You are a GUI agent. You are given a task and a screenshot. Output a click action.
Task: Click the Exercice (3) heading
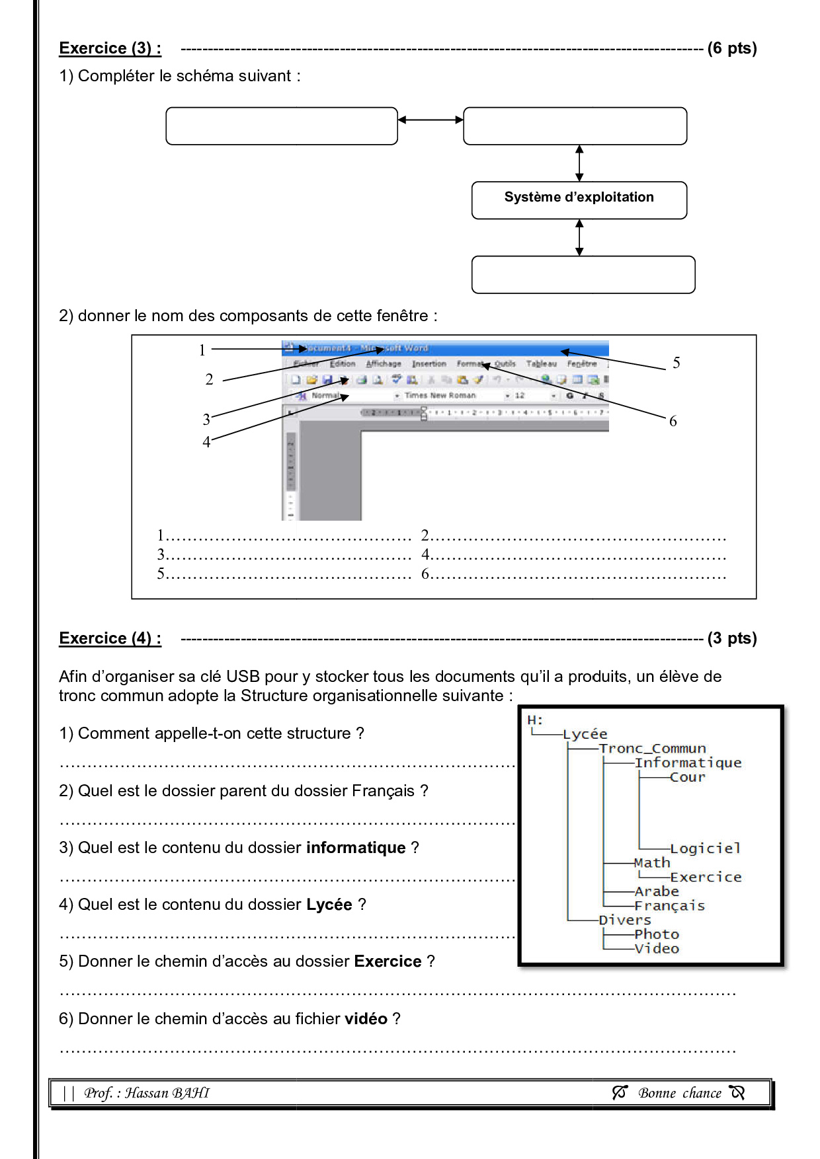tap(110, 48)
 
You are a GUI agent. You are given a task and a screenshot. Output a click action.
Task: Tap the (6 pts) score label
tap(731, 48)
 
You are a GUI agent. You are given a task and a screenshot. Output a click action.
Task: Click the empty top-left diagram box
tap(281, 126)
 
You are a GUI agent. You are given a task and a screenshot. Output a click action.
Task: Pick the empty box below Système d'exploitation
tap(583, 274)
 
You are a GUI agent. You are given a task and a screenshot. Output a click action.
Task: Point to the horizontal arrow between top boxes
tap(430, 120)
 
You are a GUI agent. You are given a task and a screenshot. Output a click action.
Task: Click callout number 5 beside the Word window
tap(676, 363)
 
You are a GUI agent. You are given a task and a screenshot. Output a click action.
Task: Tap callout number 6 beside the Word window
tap(673, 421)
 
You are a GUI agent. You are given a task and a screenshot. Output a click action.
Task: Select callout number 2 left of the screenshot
tap(209, 379)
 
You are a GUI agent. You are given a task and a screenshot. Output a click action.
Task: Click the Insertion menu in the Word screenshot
tap(429, 363)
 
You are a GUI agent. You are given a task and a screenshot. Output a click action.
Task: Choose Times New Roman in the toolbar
tap(440, 395)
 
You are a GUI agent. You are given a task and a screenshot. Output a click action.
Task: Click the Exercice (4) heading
tap(110, 638)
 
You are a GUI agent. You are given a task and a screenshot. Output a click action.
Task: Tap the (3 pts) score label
tap(731, 638)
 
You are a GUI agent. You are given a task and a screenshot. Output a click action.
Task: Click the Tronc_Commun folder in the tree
tap(652, 748)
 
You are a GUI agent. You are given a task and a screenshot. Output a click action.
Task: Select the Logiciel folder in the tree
tap(705, 848)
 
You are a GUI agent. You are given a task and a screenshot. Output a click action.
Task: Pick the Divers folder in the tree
tap(624, 920)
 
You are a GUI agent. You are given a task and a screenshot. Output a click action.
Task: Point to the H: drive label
tap(535, 720)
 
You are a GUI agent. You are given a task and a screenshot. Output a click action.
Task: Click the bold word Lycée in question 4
tap(329, 905)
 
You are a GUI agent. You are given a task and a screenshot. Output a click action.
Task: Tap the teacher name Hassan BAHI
tap(167, 1093)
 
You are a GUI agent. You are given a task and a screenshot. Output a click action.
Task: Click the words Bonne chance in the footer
tap(679, 1093)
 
